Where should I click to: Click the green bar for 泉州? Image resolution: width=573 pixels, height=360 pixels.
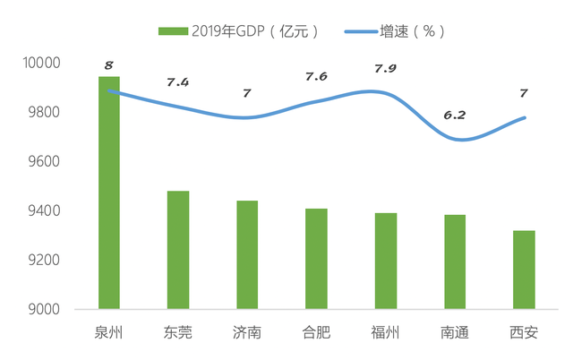coord(108,193)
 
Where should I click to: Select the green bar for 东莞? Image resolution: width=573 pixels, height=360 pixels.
coord(177,250)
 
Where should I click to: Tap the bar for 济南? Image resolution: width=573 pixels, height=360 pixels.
coord(247,254)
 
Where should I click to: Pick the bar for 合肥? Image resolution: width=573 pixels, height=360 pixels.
coord(316,259)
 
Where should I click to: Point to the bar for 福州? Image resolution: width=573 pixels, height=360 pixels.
coord(386,261)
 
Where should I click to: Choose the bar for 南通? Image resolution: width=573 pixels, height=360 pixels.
coord(455,261)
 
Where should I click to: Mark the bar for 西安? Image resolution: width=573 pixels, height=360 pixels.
coord(524,270)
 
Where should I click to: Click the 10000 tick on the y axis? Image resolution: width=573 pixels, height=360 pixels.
coord(41,64)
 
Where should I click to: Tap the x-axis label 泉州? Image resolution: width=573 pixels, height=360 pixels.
coord(108,333)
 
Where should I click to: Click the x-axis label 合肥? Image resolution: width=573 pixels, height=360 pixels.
coord(316,333)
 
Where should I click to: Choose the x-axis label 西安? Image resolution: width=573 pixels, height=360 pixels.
coord(524,333)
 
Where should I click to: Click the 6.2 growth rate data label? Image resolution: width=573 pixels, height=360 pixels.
coord(454,116)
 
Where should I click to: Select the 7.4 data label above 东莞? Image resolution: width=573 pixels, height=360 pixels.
coord(178,82)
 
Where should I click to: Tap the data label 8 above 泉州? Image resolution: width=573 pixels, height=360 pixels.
coord(108,64)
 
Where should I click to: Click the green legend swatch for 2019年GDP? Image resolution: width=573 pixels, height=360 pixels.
coord(173,31)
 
